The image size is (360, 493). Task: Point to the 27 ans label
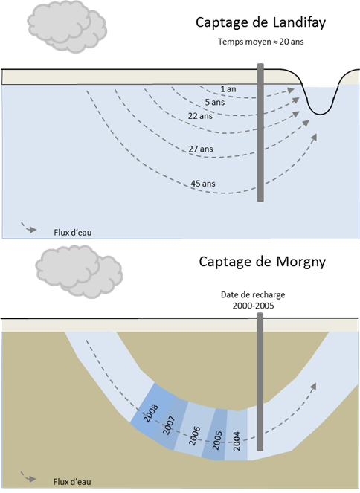tap(201, 149)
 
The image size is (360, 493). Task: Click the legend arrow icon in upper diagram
tap(30, 228)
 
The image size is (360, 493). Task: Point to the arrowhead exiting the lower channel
tap(315, 386)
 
